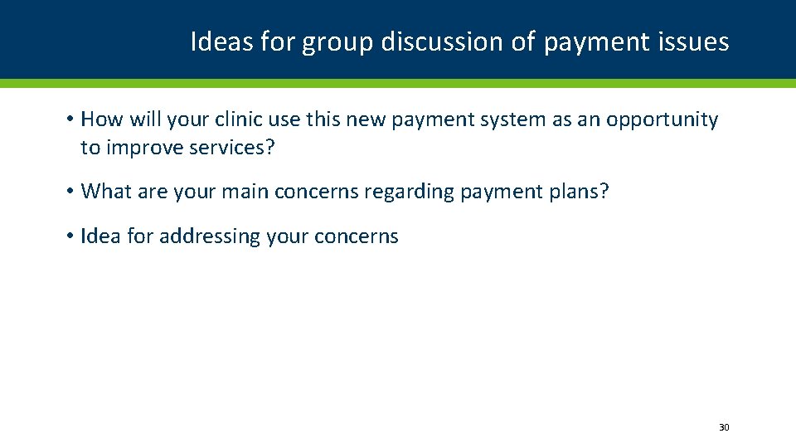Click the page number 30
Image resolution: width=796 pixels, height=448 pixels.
(723, 427)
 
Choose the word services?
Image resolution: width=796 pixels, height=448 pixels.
(232, 148)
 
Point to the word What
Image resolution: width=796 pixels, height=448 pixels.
(101, 192)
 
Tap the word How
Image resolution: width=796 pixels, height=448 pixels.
(101, 119)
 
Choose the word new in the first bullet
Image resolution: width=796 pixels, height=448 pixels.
(366, 120)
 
